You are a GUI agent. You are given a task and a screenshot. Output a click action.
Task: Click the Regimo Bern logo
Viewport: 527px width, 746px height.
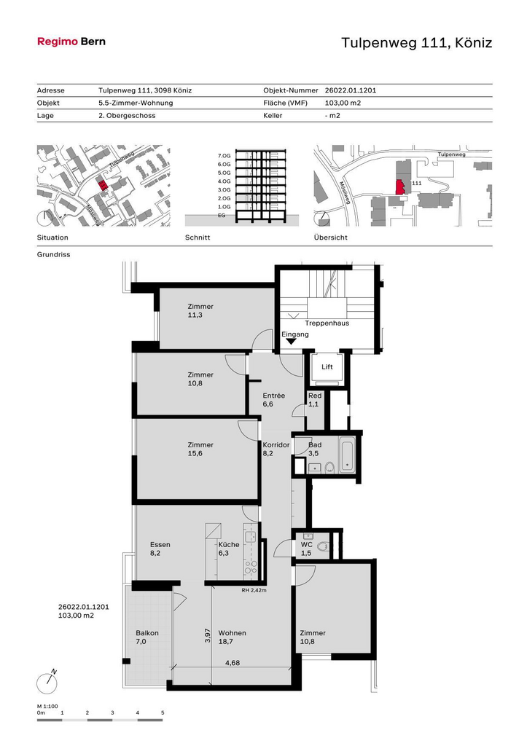click(71, 42)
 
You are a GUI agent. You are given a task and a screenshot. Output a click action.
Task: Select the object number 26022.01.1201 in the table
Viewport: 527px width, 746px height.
click(351, 90)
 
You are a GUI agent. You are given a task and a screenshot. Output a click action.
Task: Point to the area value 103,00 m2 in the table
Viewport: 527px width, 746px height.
click(343, 103)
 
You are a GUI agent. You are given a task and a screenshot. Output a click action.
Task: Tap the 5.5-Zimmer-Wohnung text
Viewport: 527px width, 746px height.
click(136, 103)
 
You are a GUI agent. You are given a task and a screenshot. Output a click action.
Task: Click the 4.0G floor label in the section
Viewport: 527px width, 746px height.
click(224, 181)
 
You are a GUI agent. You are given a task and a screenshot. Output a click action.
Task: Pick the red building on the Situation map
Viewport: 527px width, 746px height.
click(101, 184)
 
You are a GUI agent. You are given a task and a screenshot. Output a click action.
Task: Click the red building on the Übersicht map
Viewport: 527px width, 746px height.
click(400, 187)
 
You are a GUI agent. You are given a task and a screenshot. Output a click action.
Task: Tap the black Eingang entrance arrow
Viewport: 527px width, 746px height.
click(290, 341)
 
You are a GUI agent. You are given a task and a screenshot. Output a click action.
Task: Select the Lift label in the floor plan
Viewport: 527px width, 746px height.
click(327, 367)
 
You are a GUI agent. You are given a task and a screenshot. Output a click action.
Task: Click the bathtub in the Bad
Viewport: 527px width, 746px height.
click(346, 455)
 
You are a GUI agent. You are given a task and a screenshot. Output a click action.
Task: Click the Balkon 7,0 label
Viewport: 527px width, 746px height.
click(147, 637)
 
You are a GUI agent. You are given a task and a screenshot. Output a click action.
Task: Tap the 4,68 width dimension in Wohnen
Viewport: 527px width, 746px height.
click(233, 662)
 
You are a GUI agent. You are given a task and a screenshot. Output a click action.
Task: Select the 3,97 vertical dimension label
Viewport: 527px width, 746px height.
click(207, 635)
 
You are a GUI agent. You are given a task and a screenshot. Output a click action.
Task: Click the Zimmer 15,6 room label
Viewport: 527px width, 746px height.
click(200, 449)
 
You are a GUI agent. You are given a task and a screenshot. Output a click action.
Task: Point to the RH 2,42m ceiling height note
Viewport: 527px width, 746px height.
click(254, 590)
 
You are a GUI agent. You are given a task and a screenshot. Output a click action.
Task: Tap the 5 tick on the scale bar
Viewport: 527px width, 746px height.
click(163, 712)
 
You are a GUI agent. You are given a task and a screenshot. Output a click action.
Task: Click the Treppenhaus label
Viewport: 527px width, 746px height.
click(327, 323)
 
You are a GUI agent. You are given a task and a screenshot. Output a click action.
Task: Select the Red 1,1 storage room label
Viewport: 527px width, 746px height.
click(315, 400)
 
